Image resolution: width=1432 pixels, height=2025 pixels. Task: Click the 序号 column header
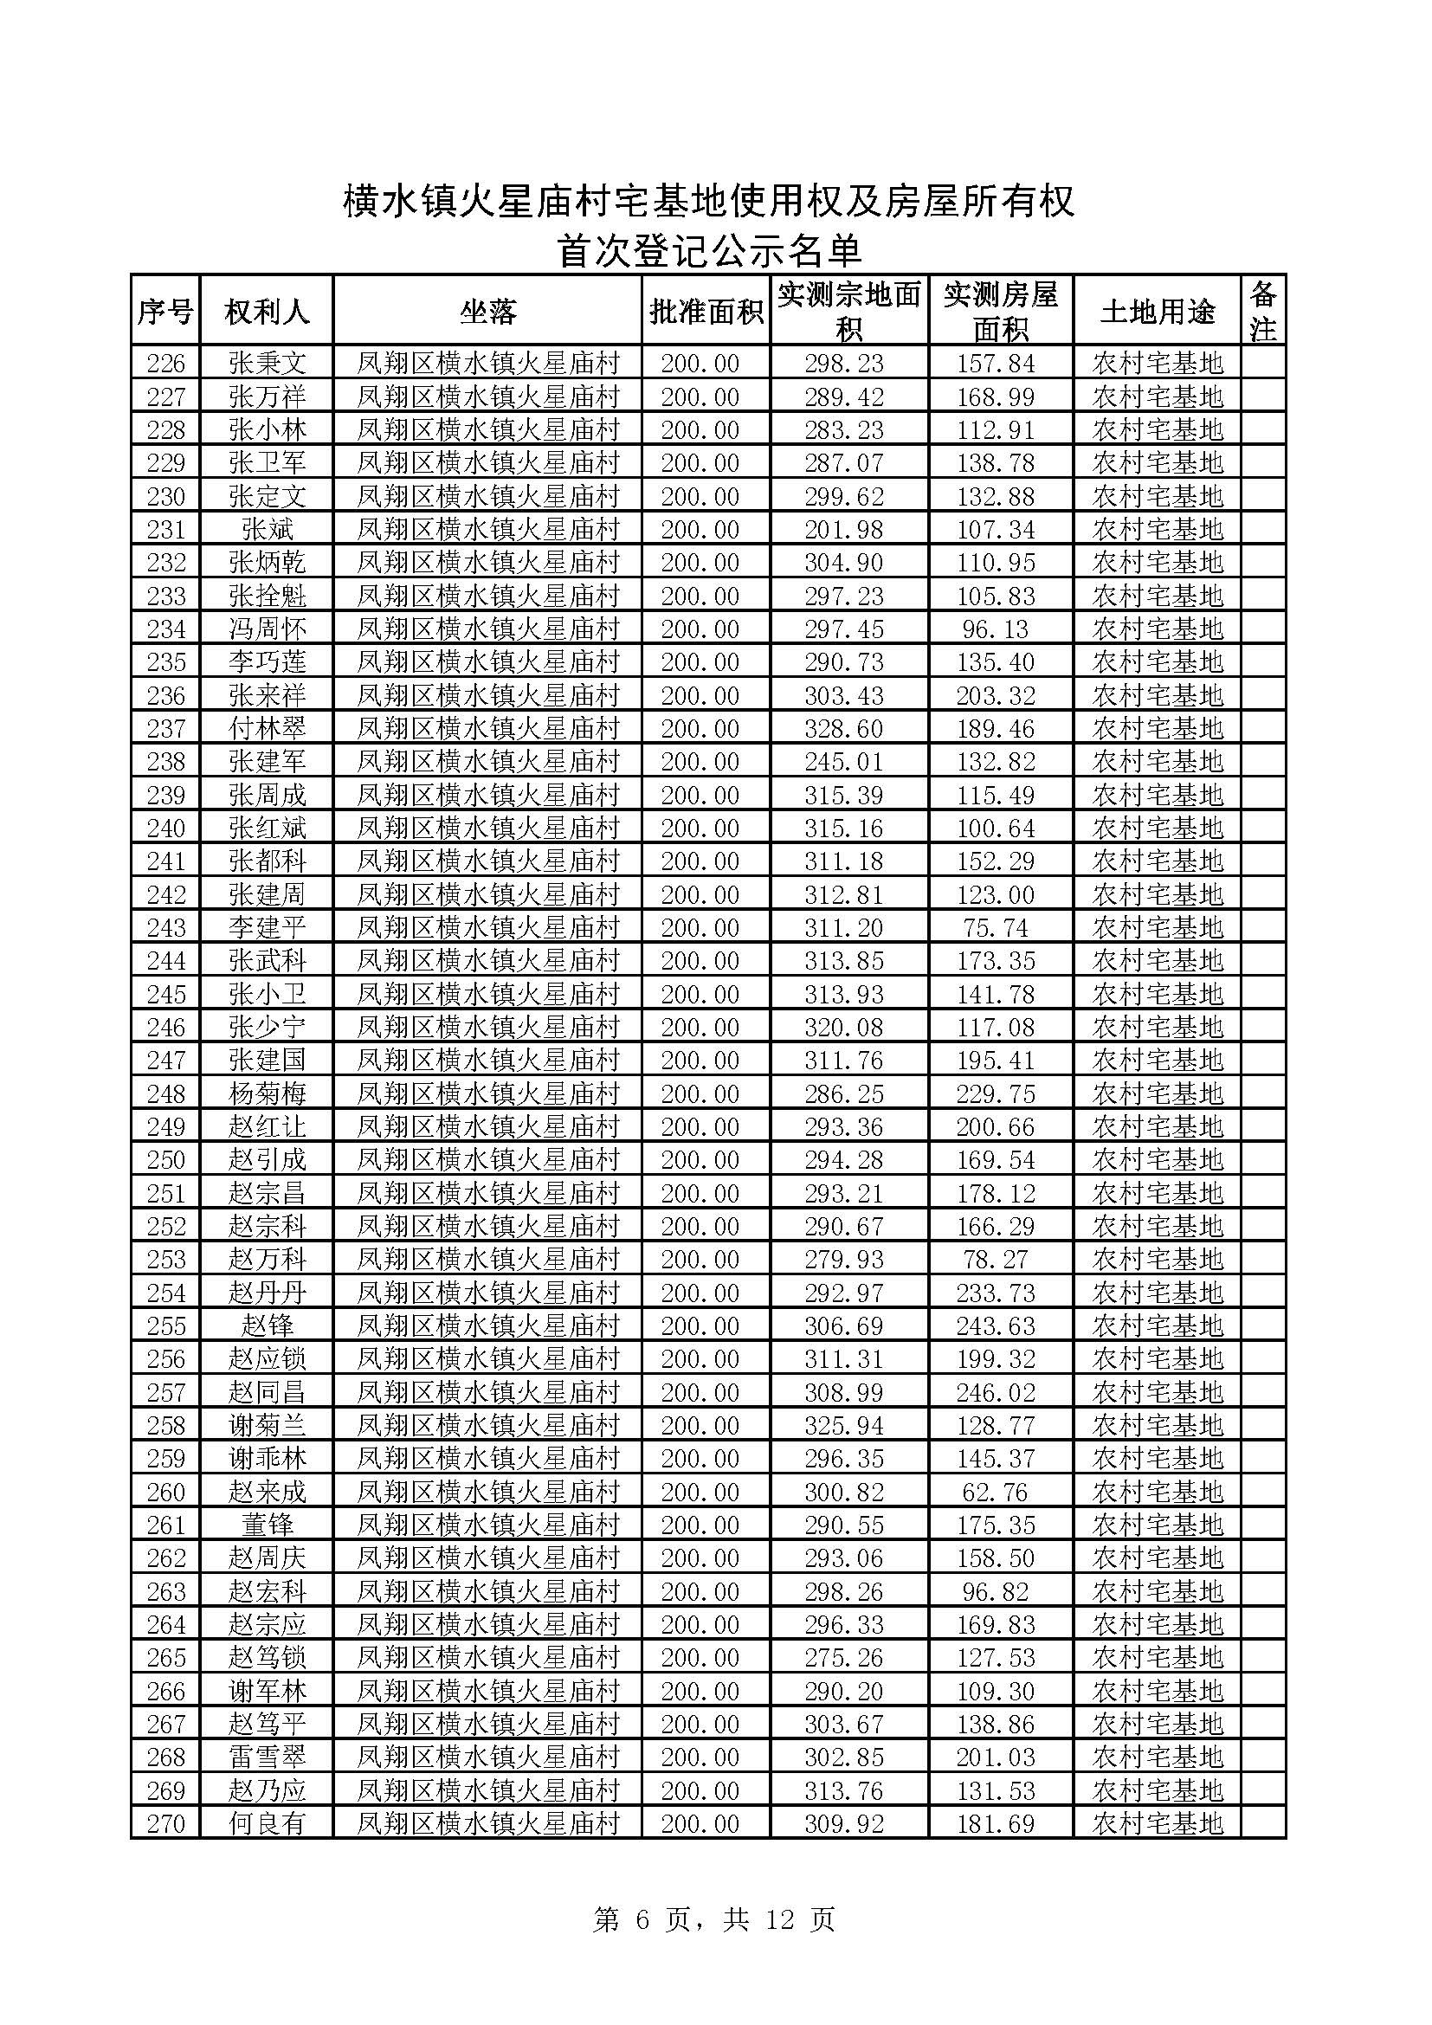164,312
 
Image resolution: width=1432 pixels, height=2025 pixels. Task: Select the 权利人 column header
267,312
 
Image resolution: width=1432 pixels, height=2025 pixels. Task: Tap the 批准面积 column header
706,312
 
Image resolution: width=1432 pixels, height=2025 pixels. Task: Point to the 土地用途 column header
1157,312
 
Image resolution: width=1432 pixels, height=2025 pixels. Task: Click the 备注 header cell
1262,312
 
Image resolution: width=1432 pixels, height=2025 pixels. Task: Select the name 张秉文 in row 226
268,364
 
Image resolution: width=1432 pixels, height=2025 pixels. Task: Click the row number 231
165,529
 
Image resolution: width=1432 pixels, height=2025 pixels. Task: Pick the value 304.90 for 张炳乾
843,563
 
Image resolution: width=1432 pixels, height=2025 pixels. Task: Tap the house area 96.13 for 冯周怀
996,629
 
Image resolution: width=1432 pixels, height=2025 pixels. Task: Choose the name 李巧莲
268,662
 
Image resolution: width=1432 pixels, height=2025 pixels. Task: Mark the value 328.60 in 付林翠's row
843,728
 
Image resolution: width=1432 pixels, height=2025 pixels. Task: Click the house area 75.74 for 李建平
996,928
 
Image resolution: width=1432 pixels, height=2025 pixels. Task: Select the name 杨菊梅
268,1093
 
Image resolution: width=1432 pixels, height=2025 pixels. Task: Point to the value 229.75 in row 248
996,1093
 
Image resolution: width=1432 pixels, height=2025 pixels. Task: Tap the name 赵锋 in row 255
268,1325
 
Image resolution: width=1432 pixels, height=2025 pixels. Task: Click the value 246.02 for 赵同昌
996,1393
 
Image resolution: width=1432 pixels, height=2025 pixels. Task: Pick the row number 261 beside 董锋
165,1525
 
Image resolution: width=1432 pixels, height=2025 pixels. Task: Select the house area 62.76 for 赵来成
996,1493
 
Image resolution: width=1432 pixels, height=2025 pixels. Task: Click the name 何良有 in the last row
268,1823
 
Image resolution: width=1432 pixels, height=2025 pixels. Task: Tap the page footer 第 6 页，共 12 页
714,1919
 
